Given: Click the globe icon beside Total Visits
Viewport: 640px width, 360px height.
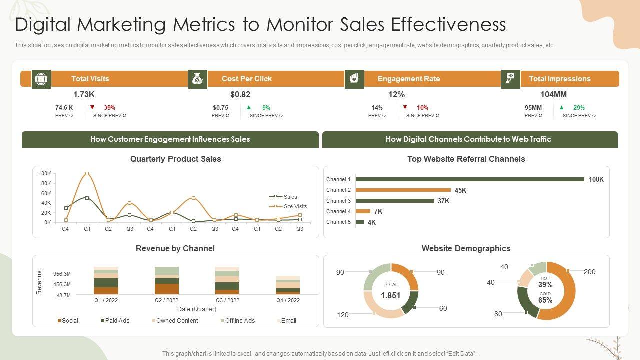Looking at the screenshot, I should coord(41,79).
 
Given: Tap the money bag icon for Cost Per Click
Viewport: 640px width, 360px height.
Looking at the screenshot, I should coord(198,79).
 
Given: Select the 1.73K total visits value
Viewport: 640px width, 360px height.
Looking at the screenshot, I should coord(84,94).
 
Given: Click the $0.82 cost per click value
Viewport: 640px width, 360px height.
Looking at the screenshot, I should coord(240,94).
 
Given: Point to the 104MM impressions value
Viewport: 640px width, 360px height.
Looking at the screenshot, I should coord(553,94).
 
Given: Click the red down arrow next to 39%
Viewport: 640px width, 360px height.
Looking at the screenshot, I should coord(92,107).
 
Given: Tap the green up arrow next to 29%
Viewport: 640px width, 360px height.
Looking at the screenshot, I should coord(562,107).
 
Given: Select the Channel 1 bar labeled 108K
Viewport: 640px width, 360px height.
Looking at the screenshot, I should coord(470,179).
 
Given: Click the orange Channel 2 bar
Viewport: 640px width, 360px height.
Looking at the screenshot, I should coord(403,190).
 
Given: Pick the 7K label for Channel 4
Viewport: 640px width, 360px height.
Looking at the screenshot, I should coord(378,211).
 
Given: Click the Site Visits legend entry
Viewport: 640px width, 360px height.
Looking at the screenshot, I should coord(295,206).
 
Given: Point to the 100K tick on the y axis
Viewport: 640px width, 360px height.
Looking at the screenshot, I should coord(45,173).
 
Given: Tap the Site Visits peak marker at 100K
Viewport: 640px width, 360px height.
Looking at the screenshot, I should coord(87,174).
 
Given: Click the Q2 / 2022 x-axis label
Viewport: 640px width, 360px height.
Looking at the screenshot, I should coord(167,300).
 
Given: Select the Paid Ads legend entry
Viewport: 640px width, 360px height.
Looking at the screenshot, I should coord(117,321).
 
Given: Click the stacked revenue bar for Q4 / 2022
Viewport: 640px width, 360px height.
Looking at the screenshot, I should coord(288,285).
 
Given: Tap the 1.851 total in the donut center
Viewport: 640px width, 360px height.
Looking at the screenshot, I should coord(390,295).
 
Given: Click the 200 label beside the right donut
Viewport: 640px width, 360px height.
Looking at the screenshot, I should coord(590,272).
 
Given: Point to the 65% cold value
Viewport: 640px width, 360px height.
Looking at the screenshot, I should coord(545,300).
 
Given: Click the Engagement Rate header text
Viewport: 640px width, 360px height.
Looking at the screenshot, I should coord(409,79).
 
